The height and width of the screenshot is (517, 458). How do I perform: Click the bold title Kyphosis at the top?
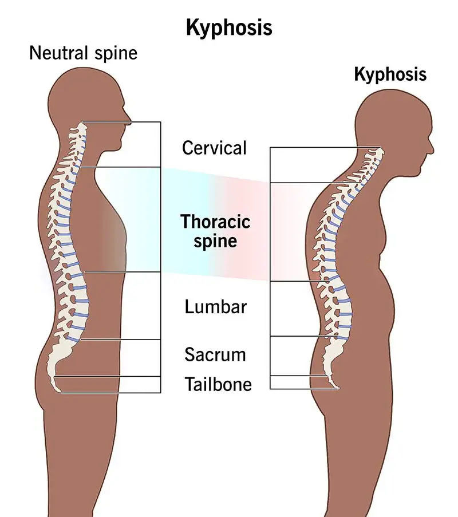pyautogui.click(x=229, y=27)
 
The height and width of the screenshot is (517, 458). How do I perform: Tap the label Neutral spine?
pyautogui.click(x=84, y=53)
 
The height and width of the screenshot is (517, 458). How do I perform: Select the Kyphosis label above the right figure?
pyautogui.click(x=390, y=74)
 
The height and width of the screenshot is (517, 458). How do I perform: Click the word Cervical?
pyautogui.click(x=214, y=148)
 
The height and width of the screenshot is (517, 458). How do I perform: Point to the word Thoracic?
pyautogui.click(x=215, y=221)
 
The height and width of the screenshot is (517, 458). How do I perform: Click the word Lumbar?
pyautogui.click(x=215, y=306)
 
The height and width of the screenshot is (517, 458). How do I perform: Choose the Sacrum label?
pyautogui.click(x=215, y=354)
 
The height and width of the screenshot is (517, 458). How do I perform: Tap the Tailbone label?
pyautogui.click(x=218, y=384)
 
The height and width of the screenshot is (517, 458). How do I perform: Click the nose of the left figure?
pyautogui.click(x=129, y=121)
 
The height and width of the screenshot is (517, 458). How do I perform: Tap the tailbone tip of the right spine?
pyautogui.click(x=338, y=389)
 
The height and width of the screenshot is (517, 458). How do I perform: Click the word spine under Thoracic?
pyautogui.click(x=215, y=240)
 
